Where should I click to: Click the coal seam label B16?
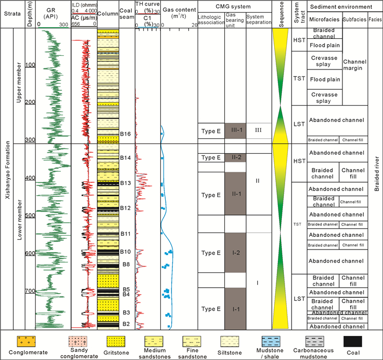click(x=125, y=133)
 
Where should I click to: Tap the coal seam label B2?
click(x=125, y=324)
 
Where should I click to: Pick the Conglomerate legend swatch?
click(x=24, y=341)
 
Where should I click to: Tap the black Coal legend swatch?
click(x=353, y=341)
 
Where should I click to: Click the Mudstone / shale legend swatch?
click(x=259, y=341)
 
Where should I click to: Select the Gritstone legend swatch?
click(x=118, y=341)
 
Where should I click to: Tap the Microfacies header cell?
click(x=325, y=21)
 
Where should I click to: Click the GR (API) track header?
click(x=53, y=14)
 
